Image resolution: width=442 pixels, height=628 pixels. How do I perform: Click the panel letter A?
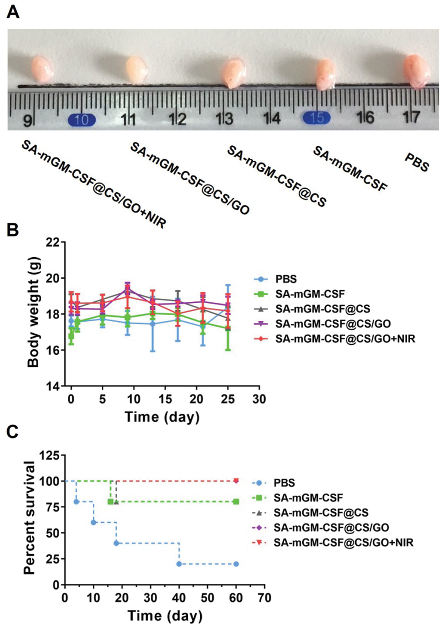pos(13,12)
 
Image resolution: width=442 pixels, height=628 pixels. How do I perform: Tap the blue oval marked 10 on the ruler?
pos(82,120)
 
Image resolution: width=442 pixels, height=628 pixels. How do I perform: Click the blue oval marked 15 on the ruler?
pos(316,118)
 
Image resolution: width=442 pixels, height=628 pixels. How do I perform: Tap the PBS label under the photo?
pos(416,162)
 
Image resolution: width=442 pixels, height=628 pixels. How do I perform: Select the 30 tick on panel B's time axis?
pos(259,399)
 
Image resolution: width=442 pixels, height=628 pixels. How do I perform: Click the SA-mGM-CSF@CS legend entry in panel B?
pos(322,309)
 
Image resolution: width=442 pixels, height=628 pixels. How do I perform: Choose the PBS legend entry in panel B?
pos(286,279)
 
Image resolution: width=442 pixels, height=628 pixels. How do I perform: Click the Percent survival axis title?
pos(30,518)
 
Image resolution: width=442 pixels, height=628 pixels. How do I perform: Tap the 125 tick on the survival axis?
pos(50,455)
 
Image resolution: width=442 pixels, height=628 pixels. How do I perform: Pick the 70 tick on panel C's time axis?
pos(264,598)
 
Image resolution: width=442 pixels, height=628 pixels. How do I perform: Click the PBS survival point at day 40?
pos(179,564)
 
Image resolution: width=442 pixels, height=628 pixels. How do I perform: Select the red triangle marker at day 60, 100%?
pos(236,481)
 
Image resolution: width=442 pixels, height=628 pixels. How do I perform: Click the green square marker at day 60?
pos(236,502)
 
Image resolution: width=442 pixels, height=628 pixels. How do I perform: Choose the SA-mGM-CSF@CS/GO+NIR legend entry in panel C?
pos(343,542)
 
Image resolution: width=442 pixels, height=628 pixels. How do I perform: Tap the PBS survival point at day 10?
pos(93,522)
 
